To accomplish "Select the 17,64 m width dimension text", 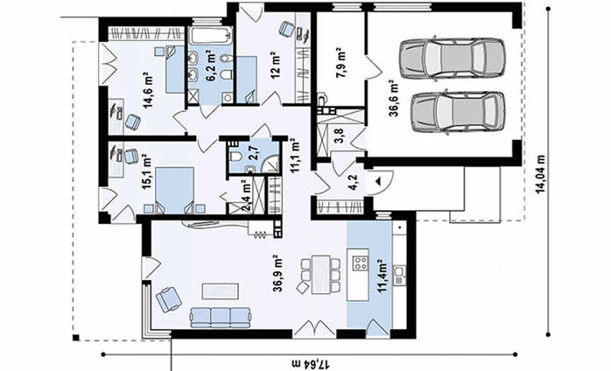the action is pyautogui.click(x=311, y=364).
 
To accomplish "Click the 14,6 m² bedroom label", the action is pyautogui.click(x=149, y=90).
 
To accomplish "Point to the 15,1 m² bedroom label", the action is pyautogui.click(x=147, y=171).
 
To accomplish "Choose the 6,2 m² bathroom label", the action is pyautogui.click(x=211, y=65).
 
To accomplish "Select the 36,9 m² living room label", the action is pyautogui.click(x=277, y=273).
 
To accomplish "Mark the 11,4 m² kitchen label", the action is pyautogui.click(x=383, y=276).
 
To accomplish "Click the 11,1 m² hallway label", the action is pyautogui.click(x=294, y=154).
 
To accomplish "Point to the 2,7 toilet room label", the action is pyautogui.click(x=251, y=153).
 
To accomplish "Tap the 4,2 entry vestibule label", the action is pyautogui.click(x=354, y=182).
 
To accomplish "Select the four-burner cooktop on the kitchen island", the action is pyautogui.click(x=359, y=263).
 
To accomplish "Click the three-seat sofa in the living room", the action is pyautogui.click(x=220, y=317).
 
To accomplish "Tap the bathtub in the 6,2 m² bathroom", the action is pyautogui.click(x=210, y=36).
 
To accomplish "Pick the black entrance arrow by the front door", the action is pyautogui.click(x=377, y=181).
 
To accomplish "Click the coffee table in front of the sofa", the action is pyautogui.click(x=221, y=291).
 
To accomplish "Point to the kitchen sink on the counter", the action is pyautogui.click(x=399, y=275).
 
